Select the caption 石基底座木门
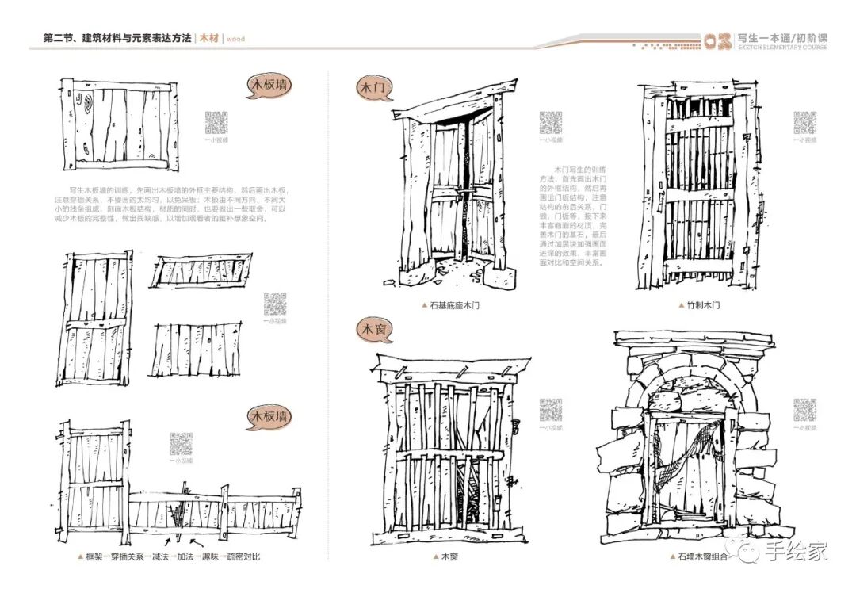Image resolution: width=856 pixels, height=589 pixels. click(x=454, y=304)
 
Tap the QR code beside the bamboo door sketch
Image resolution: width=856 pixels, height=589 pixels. click(x=805, y=122)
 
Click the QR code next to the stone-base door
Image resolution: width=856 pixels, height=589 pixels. click(x=551, y=123)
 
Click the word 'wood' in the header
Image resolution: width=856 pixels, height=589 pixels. click(x=235, y=38)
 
